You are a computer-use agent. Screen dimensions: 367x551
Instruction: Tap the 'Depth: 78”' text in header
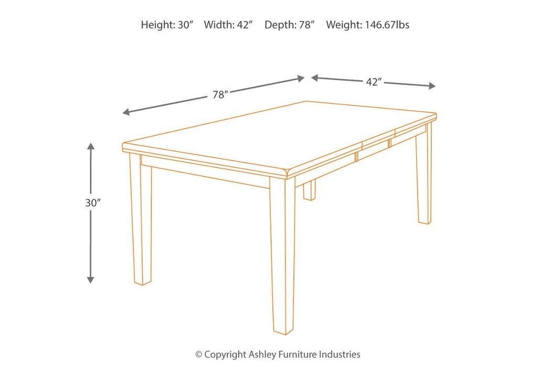[289, 25]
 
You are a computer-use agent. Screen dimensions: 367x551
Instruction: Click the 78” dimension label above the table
[220, 95]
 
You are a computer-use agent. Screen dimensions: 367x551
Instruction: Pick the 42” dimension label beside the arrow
[373, 82]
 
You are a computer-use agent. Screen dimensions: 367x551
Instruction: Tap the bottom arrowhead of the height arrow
[91, 279]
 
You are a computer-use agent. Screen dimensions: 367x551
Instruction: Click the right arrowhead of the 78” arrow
[301, 79]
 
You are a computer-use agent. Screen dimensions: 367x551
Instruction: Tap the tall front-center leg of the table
[282, 257]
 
